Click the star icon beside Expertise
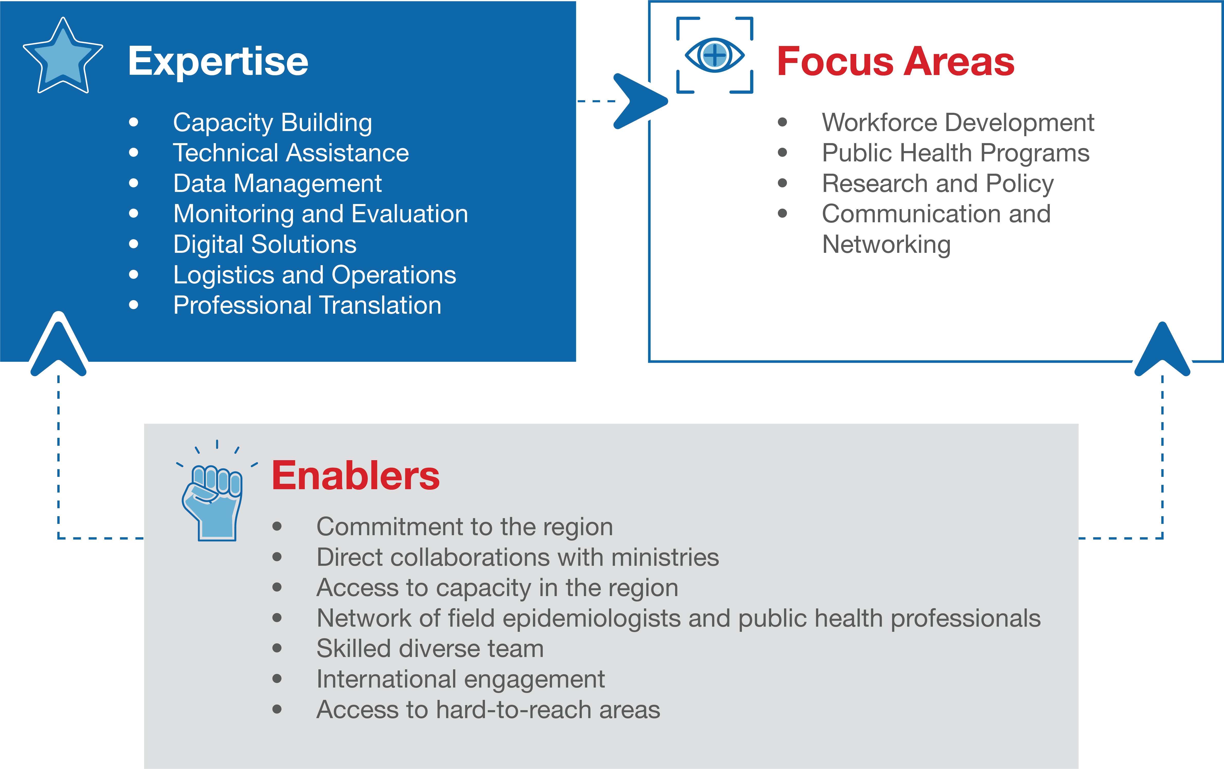pyautogui.click(x=63, y=57)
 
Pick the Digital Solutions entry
pyautogui.click(x=265, y=245)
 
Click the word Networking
pyautogui.click(x=887, y=245)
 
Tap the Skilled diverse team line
pyautogui.click(x=430, y=648)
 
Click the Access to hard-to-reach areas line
pyautogui.click(x=488, y=710)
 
